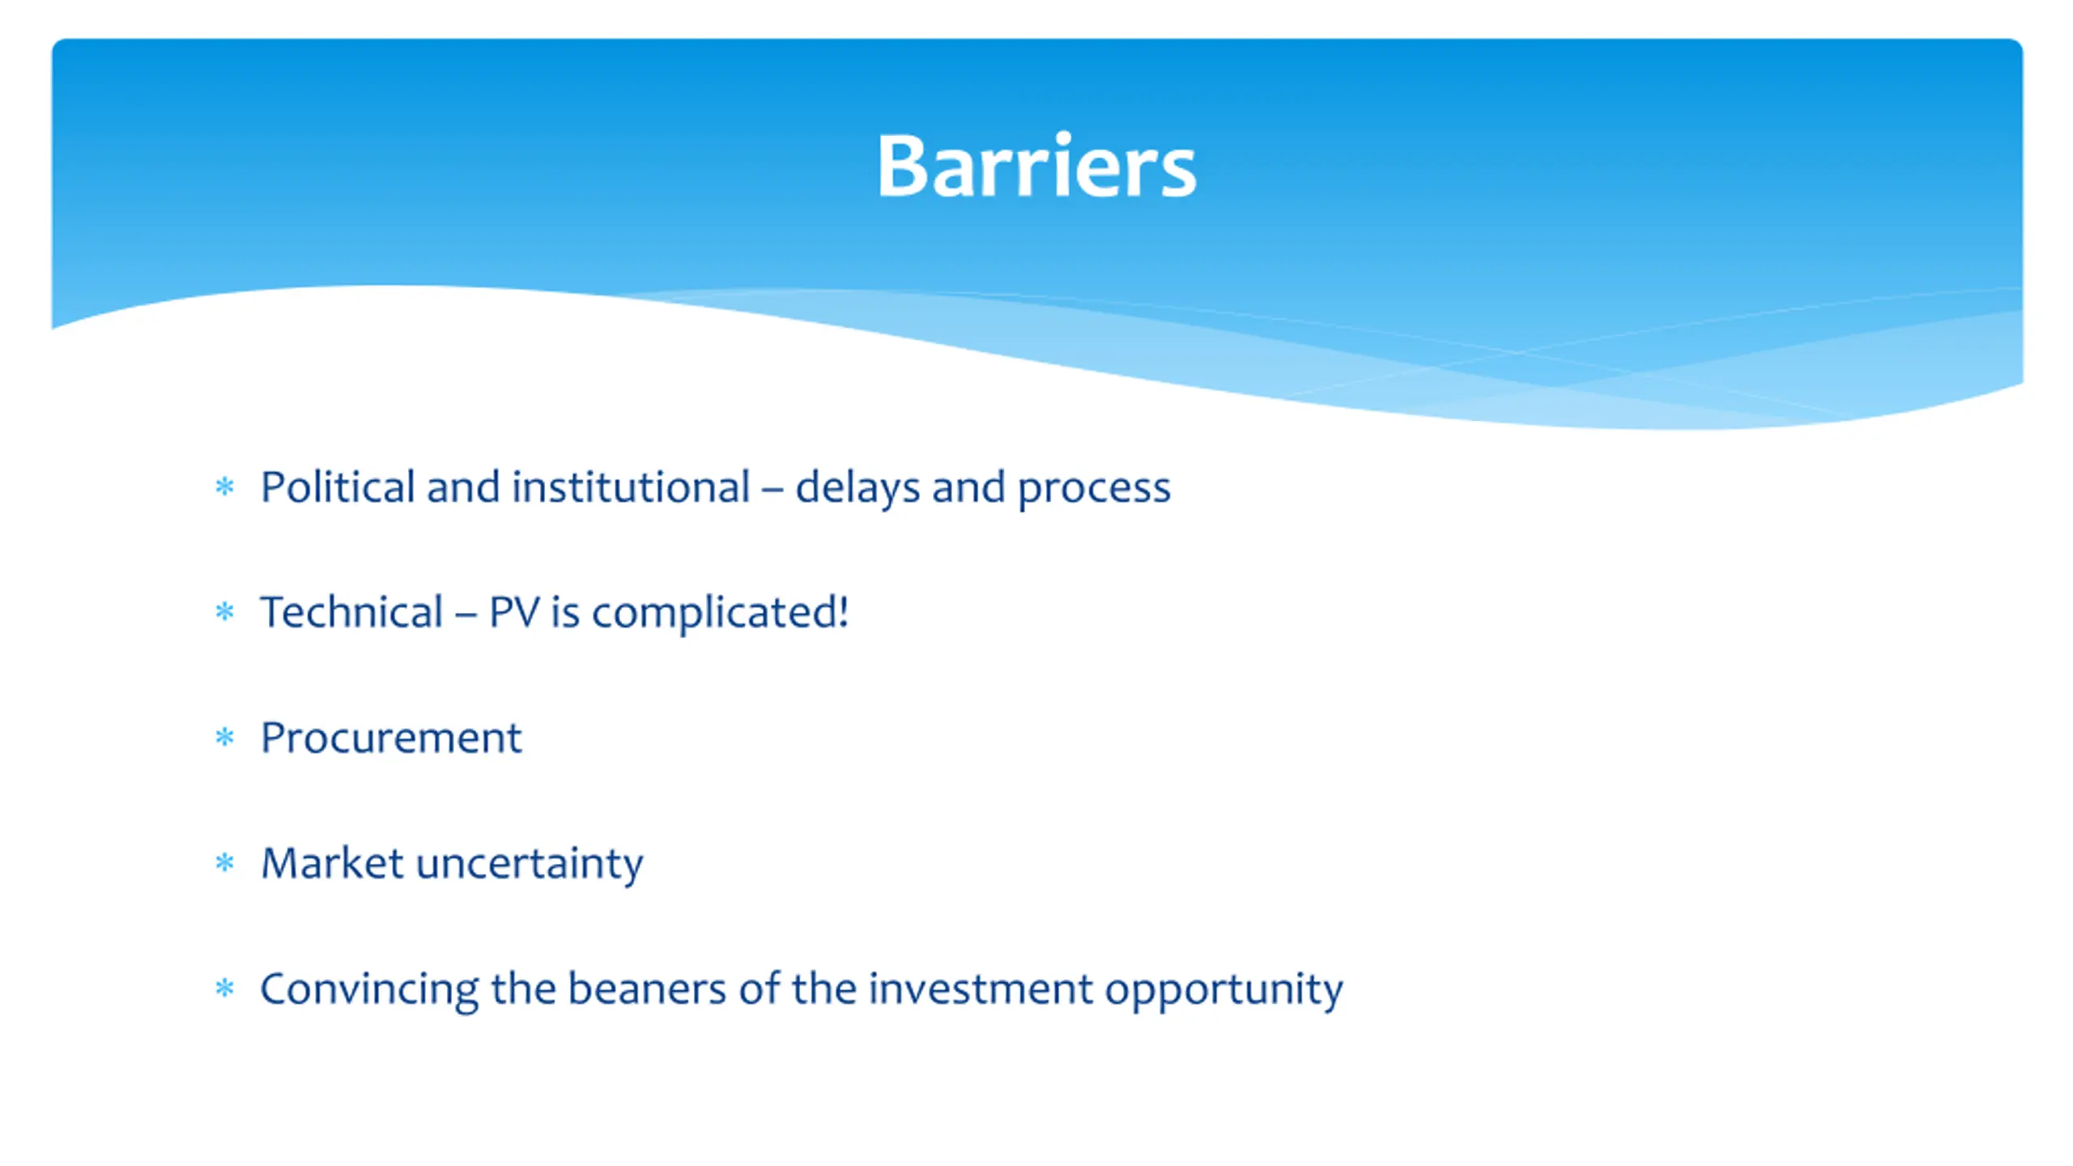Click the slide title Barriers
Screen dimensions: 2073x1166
(1036, 166)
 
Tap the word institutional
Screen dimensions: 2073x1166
(630, 487)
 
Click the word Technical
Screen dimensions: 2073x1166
(351, 612)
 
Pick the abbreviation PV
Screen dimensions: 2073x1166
(513, 613)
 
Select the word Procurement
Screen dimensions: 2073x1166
(391, 738)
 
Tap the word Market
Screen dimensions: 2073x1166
(332, 863)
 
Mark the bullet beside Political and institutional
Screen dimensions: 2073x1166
(224, 487)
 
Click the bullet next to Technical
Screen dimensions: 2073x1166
(224, 611)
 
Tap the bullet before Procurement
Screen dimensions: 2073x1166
(224, 737)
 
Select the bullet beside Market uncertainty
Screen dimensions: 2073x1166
(224, 862)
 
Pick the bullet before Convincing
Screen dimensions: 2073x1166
(224, 988)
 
